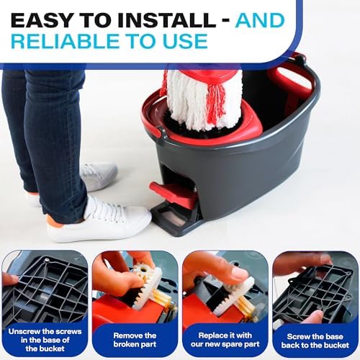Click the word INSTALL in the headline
coord(167,20)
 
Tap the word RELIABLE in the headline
coord(65,41)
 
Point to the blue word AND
coord(260,20)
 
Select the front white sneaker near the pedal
coord(99,220)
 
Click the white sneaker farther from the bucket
coord(96,176)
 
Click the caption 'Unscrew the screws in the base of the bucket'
coord(45,340)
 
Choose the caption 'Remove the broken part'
coord(135,340)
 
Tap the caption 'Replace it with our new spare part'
coord(225,339)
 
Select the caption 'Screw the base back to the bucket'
coord(315,341)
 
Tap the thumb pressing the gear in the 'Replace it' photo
coord(236,274)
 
